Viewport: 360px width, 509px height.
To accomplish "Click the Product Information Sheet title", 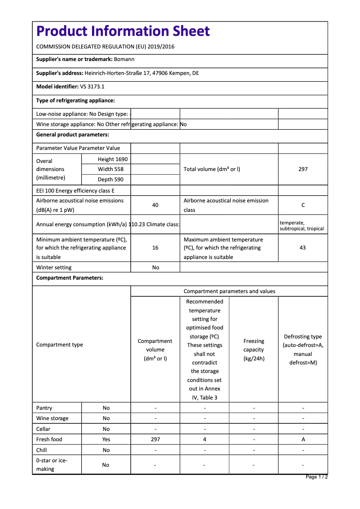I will coord(123,31).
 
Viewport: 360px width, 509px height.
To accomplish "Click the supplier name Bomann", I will coord(124,59).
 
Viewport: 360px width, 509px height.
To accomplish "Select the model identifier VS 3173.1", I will coord(92,87).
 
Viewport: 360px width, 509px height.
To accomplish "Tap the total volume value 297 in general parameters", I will coord(303,169).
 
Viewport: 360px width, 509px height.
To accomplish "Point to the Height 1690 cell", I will coord(113,159).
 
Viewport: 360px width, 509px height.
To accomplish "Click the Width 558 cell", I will coord(110,169).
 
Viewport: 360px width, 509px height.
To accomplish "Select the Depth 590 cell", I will coord(110,180).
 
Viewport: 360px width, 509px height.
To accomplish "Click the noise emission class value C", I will coord(303,205).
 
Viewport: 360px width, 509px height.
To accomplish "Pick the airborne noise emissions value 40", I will coord(155,205).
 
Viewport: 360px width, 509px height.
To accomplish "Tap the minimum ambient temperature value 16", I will coord(155,248).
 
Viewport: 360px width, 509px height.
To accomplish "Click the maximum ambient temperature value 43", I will coord(303,248).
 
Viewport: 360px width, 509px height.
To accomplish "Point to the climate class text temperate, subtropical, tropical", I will coord(302,226).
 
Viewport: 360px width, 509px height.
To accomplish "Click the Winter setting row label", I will coord(54,268).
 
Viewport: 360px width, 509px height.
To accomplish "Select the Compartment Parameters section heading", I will coord(70,278).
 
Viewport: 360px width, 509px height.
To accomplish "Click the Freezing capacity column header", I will coord(254,350).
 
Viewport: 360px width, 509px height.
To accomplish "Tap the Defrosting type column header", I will coord(303,349).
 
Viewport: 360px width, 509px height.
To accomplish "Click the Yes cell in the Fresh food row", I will coord(106,439).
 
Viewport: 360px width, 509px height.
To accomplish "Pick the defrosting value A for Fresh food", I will coord(303,439).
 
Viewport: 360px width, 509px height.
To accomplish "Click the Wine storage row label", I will coord(53,418).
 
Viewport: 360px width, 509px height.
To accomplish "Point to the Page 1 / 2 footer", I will coord(316,477).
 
